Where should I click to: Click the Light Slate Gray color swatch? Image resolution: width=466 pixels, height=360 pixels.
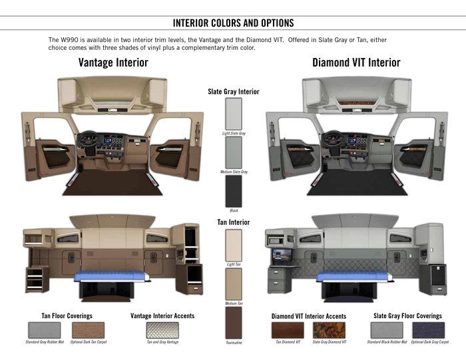click(234, 113)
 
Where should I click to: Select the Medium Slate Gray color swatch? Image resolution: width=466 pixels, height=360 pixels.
click(234, 152)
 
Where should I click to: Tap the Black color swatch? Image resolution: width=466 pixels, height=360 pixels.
click(234, 190)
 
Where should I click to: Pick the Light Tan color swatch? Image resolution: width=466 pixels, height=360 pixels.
click(234, 245)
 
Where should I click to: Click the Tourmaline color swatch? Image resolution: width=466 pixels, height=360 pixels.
click(234, 323)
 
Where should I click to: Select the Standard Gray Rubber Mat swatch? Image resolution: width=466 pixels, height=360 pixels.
click(45, 329)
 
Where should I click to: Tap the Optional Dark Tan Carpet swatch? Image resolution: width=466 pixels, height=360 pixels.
click(88, 329)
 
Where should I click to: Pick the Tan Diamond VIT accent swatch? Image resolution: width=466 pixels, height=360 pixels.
click(288, 329)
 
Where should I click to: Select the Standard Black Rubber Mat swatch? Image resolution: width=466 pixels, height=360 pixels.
click(386, 329)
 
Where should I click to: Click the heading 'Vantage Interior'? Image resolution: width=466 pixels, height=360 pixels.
click(113, 63)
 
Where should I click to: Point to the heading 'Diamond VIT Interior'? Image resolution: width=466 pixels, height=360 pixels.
click(356, 63)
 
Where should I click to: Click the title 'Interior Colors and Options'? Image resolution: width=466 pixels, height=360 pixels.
click(233, 23)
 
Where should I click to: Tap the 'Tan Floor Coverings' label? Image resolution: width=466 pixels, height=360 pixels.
click(67, 315)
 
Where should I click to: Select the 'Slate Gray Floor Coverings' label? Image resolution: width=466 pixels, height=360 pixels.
click(407, 315)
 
